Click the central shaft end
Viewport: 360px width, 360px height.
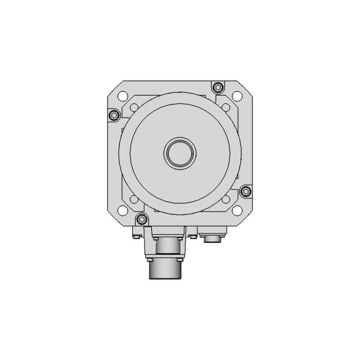click(x=181, y=152)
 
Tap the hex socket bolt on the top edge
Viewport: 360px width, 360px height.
click(x=217, y=87)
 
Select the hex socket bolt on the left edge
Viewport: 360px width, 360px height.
click(x=114, y=115)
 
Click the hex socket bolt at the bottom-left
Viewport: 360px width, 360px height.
click(x=141, y=218)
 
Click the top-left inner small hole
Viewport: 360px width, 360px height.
click(x=134, y=107)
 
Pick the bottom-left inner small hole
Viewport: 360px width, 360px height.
click(x=134, y=199)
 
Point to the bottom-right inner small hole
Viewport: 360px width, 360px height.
click(x=226, y=199)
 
